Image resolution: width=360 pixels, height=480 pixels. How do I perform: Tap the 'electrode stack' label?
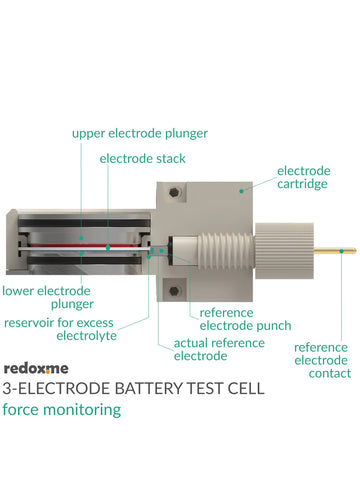click(142, 158)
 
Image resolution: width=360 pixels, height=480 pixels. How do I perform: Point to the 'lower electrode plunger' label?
click(48, 297)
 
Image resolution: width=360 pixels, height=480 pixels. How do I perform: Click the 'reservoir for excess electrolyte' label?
click(60, 329)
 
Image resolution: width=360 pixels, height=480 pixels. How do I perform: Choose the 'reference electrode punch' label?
click(245, 318)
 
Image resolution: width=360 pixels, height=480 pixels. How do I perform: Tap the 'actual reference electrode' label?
click(218, 349)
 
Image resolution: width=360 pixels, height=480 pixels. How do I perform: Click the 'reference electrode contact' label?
click(321, 360)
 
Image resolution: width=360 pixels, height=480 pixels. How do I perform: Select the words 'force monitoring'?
click(61, 409)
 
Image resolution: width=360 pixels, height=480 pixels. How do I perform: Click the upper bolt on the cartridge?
click(175, 191)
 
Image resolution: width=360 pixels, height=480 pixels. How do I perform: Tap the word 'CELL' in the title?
click(246, 388)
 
